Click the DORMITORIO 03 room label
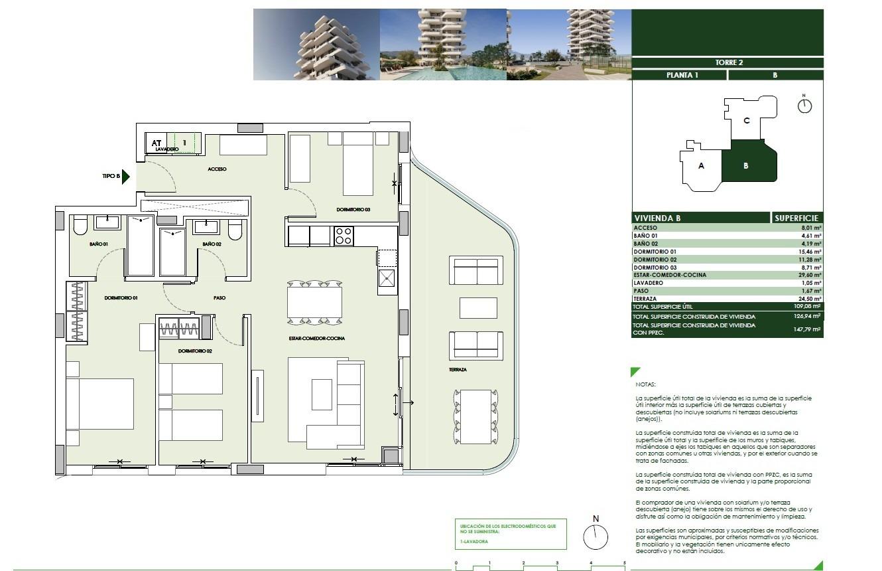pyautogui.click(x=353, y=210)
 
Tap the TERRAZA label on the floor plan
pyautogui.click(x=458, y=369)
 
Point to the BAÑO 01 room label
pyautogui.click(x=99, y=244)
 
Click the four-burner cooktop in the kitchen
pyautogui.click(x=344, y=236)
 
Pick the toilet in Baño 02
pyautogui.click(x=235, y=230)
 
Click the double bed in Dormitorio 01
pyautogui.click(x=99, y=404)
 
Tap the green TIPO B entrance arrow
pyautogui.click(x=126, y=176)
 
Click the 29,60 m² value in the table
pyautogui.click(x=809, y=275)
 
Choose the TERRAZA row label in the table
pyautogui.click(x=647, y=299)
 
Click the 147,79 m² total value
pyautogui.click(x=808, y=329)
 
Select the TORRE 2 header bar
pyautogui.click(x=727, y=62)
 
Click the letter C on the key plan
pyautogui.click(x=746, y=121)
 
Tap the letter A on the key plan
pyautogui.click(x=701, y=166)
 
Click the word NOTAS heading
pyautogui.click(x=645, y=384)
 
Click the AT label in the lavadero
pyautogui.click(x=157, y=143)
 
